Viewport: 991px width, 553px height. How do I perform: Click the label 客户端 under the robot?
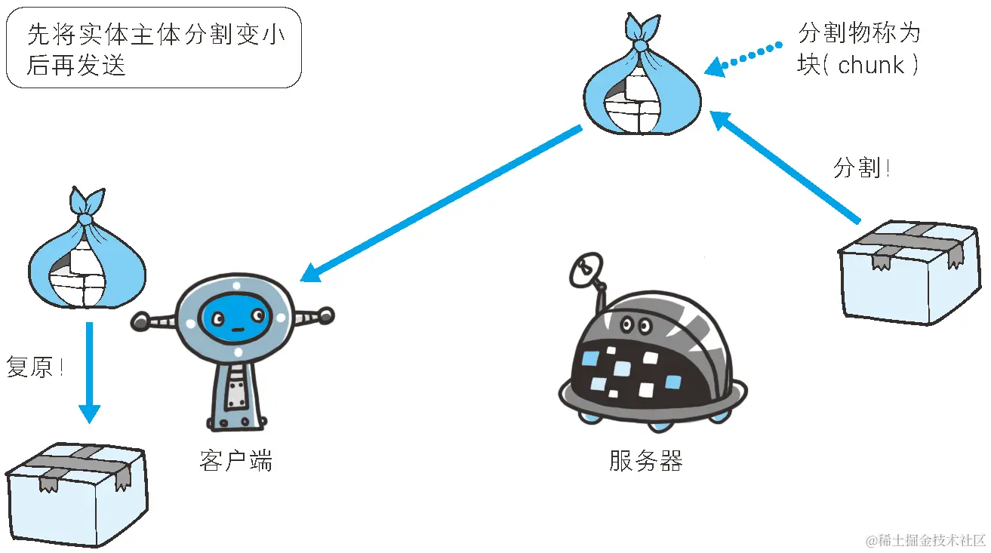point(235,460)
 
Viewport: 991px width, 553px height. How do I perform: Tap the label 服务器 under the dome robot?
point(645,460)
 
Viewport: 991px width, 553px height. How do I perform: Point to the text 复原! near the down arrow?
point(35,367)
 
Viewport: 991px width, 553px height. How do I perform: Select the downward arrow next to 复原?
point(89,373)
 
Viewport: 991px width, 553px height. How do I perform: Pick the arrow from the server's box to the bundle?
point(785,167)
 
